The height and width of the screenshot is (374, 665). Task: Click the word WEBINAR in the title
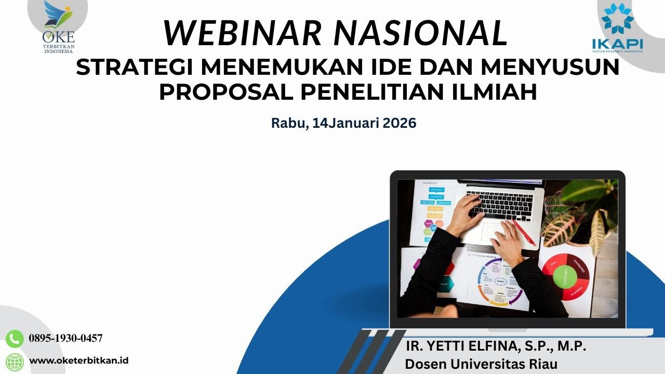coord(243,32)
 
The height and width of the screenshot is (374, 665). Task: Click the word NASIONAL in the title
coord(421,32)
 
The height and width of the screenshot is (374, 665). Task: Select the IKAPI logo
coord(617,29)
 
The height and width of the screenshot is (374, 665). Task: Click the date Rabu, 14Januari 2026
coord(343,123)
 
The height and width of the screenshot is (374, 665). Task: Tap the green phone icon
coord(15,339)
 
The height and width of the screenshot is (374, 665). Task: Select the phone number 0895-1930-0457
coord(65,339)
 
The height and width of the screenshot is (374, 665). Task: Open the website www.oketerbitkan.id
coord(79,360)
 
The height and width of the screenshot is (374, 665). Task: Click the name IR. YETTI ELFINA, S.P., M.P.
coord(496,346)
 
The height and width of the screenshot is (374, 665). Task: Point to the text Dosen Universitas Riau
coord(481,364)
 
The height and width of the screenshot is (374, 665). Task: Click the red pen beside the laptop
coord(524,232)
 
